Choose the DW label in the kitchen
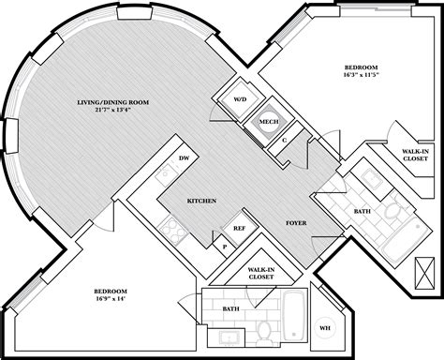pyautogui.click(x=184, y=159)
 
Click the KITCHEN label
pyautogui.click(x=202, y=201)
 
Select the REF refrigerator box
pyautogui.click(x=240, y=227)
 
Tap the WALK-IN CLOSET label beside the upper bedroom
pyautogui.click(x=394, y=156)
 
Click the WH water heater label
pyautogui.click(x=325, y=328)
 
